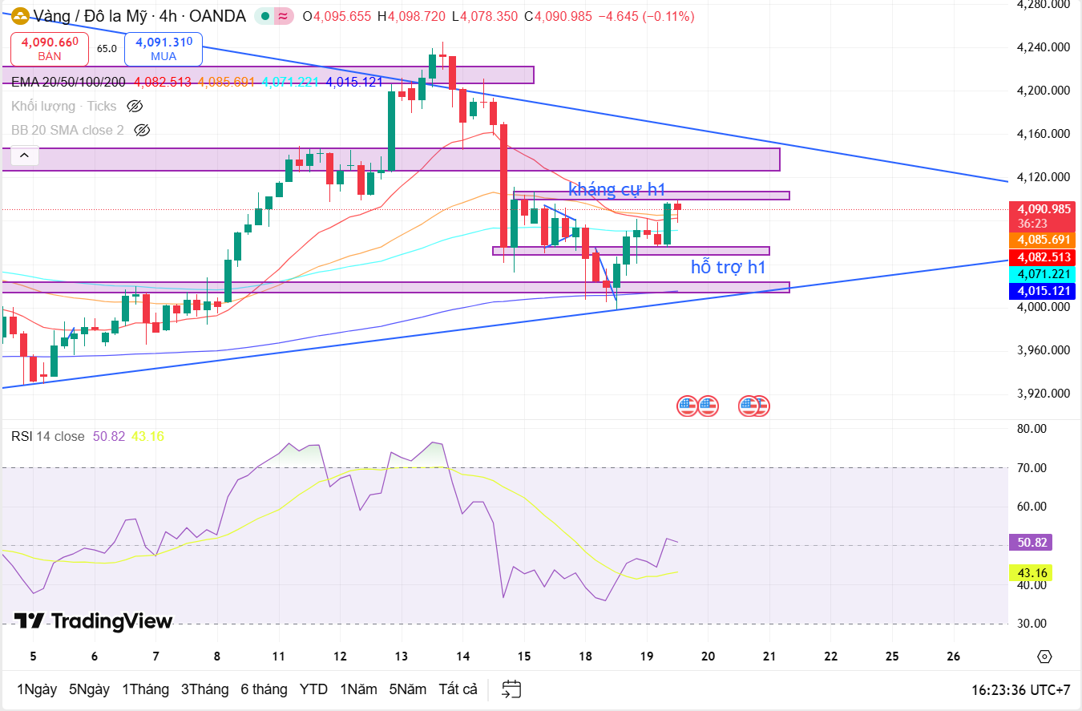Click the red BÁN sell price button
point(50,48)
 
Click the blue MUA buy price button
point(164,48)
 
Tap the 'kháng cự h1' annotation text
point(617,190)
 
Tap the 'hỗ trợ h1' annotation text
point(728,268)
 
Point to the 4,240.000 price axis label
point(1043,47)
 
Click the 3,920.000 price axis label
point(1043,394)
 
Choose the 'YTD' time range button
point(313,689)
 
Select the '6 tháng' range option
point(264,689)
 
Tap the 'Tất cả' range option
point(458,689)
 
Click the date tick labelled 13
point(401,656)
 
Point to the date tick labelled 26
point(954,656)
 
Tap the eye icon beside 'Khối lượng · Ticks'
point(135,106)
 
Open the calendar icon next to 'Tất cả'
point(511,689)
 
